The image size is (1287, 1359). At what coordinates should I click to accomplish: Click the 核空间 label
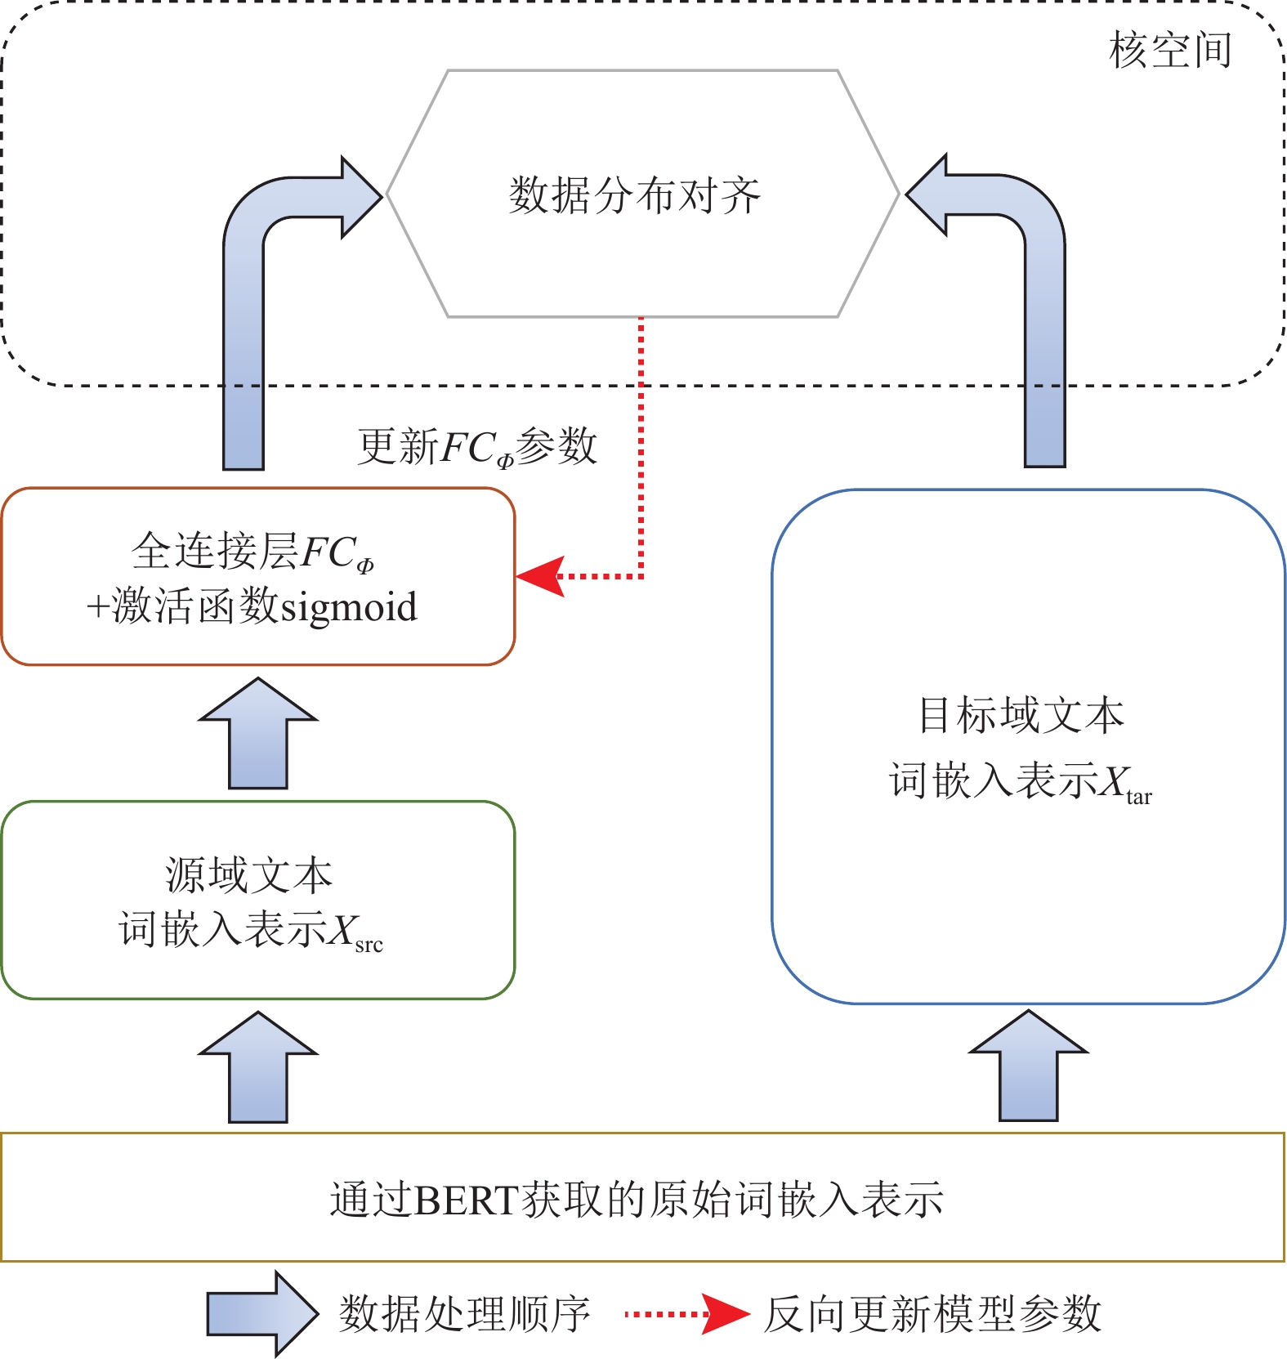[x=1169, y=51]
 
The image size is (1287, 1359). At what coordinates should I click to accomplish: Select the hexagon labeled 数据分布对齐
[x=642, y=194]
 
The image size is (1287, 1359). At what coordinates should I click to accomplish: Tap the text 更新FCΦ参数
[x=477, y=447]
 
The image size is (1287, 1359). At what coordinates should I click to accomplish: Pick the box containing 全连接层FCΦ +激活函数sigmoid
[x=257, y=576]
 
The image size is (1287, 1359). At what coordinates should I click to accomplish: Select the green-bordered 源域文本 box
[x=257, y=900]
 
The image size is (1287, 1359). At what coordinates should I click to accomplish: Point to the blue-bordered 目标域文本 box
[x=1028, y=746]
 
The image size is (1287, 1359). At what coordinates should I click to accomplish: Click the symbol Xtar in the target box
[x=1124, y=783]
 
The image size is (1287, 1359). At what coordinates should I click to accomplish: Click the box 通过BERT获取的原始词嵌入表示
[x=642, y=1197]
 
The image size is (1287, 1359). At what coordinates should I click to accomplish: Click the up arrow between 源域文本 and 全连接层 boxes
[x=257, y=735]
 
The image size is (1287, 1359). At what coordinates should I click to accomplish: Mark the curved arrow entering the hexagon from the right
[x=1044, y=311]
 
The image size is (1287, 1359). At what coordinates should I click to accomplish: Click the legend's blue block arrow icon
[x=260, y=1313]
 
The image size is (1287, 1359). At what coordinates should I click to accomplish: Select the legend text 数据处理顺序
[x=464, y=1314]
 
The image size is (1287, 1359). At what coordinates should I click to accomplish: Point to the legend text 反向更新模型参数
[x=932, y=1314]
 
